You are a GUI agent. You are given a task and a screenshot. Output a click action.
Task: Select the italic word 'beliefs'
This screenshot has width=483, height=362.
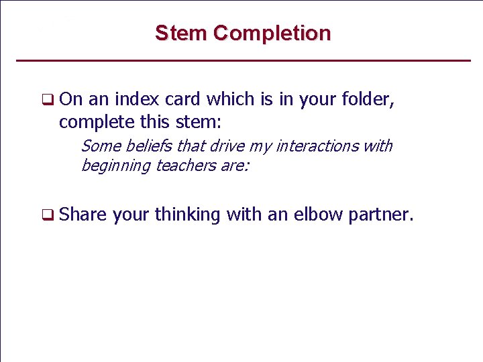(x=149, y=146)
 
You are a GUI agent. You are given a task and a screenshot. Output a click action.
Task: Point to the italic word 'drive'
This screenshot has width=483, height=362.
(x=228, y=146)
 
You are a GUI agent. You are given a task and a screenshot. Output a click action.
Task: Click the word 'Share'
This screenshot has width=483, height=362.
(x=83, y=215)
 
